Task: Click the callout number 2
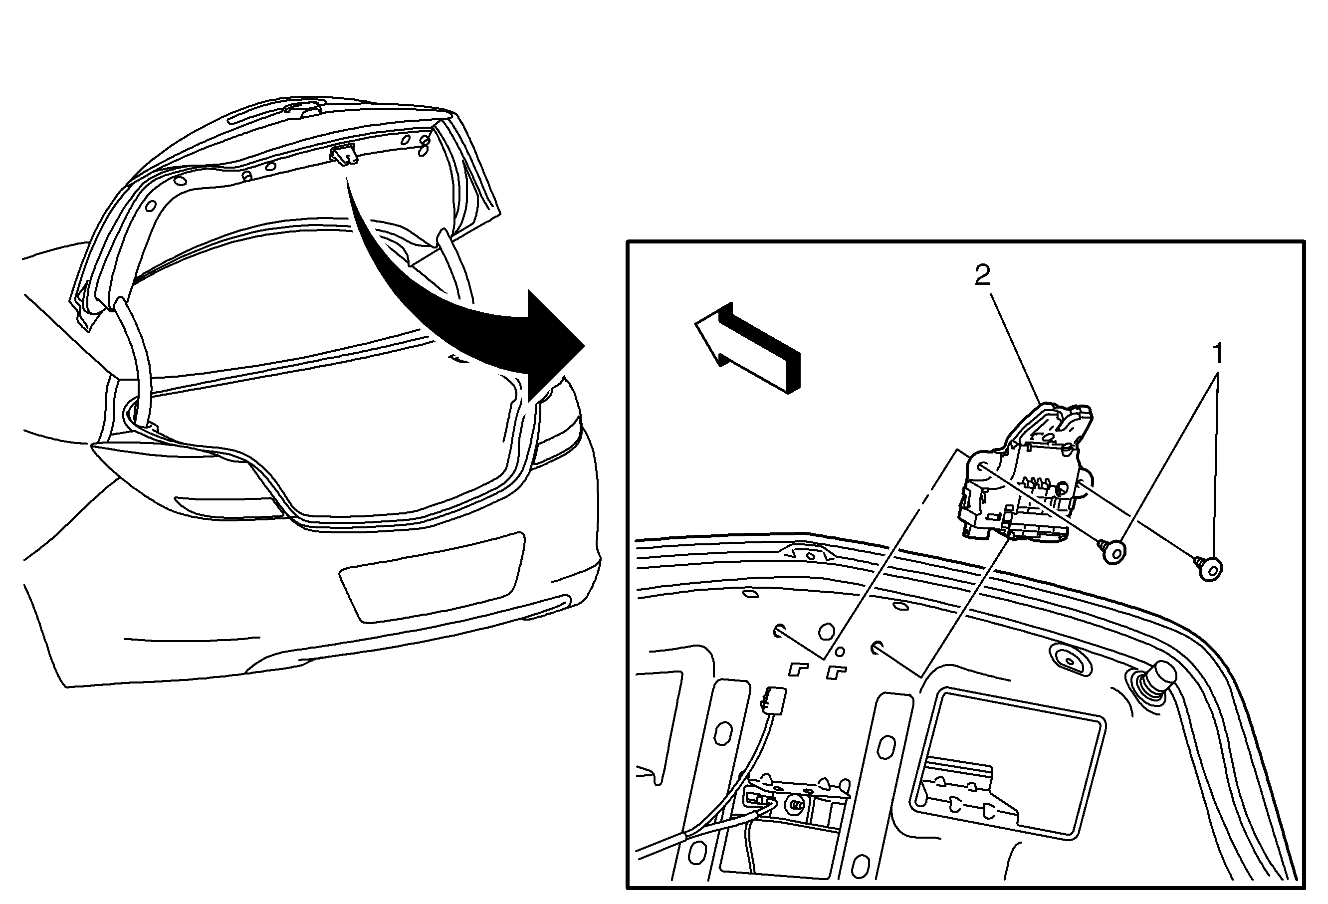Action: coord(982,275)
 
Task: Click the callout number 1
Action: coord(1218,354)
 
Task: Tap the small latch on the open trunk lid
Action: coord(343,155)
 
